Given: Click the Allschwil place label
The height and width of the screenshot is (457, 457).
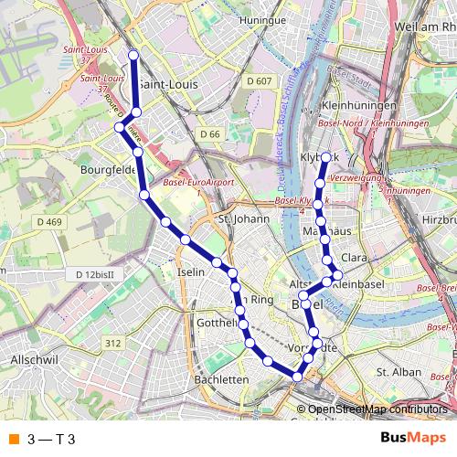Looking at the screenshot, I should coord(34,361).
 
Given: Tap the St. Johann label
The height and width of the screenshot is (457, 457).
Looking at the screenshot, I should coord(243,219).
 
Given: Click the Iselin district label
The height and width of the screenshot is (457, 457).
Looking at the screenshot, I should coord(190,272).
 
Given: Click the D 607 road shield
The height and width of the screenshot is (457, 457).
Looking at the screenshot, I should coord(260,82).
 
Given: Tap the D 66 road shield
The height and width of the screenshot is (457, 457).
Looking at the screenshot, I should coord(209,134).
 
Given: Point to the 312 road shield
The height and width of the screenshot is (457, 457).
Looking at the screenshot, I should coord(112,343).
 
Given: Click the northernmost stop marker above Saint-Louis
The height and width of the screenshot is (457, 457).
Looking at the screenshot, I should coord(133,56).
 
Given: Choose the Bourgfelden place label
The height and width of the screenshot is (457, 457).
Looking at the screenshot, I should coord(109,169).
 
